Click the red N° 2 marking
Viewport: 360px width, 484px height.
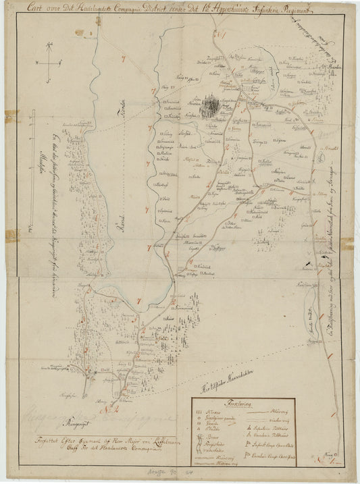(x=108, y=408)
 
